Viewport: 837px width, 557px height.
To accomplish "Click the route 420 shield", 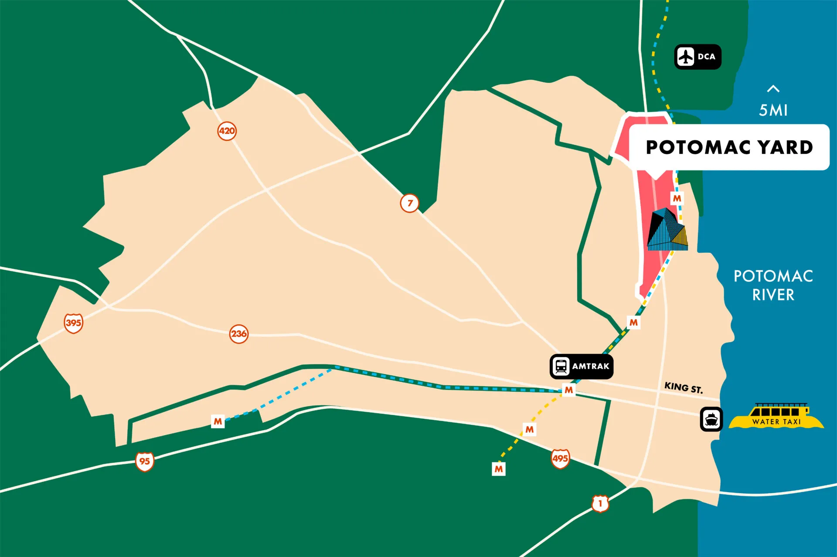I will tap(227, 131).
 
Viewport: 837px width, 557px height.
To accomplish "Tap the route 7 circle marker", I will tap(409, 203).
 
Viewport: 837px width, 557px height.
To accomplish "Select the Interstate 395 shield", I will tap(73, 323).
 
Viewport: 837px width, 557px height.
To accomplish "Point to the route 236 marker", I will tap(239, 334).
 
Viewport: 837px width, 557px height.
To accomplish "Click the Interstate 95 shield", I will tap(144, 462).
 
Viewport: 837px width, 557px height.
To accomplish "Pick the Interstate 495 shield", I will tap(560, 459).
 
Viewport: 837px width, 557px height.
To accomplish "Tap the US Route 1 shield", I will tap(600, 503).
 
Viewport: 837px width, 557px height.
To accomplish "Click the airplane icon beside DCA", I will tap(686, 57).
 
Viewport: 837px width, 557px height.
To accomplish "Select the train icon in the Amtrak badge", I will tap(561, 367).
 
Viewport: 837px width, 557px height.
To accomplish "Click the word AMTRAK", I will tap(591, 367).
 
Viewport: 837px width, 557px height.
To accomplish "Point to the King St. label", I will tap(683, 387).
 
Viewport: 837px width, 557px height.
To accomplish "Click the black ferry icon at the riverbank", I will tap(711, 419).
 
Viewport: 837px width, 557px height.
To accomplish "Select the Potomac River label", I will tap(773, 285).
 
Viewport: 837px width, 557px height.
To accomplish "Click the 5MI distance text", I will tap(773, 110).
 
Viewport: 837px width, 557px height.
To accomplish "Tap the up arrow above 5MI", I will tap(773, 89).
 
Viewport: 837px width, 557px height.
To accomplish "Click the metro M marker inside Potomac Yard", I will tap(677, 199).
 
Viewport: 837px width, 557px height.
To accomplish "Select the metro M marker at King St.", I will tap(569, 390).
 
